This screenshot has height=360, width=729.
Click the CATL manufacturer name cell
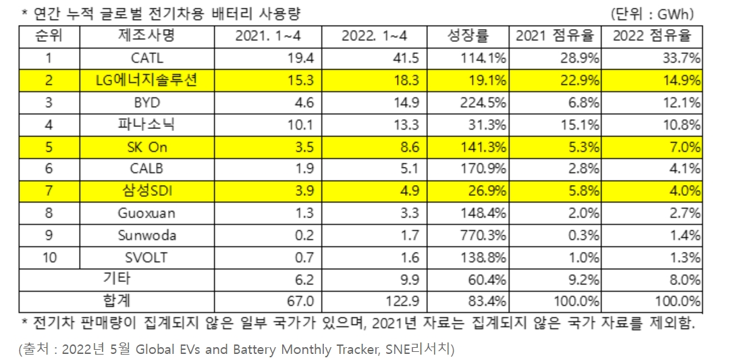(x=148, y=59)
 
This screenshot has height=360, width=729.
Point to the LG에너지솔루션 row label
(x=148, y=81)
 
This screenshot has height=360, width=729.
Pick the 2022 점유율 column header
(x=652, y=36)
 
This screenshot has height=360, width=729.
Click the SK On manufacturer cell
(x=148, y=147)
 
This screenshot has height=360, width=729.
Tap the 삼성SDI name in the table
(x=148, y=190)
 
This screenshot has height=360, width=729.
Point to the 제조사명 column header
(x=148, y=36)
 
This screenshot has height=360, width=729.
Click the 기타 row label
(x=116, y=278)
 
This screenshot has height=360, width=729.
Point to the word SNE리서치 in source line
(x=426, y=349)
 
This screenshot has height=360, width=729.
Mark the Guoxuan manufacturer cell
(x=148, y=213)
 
